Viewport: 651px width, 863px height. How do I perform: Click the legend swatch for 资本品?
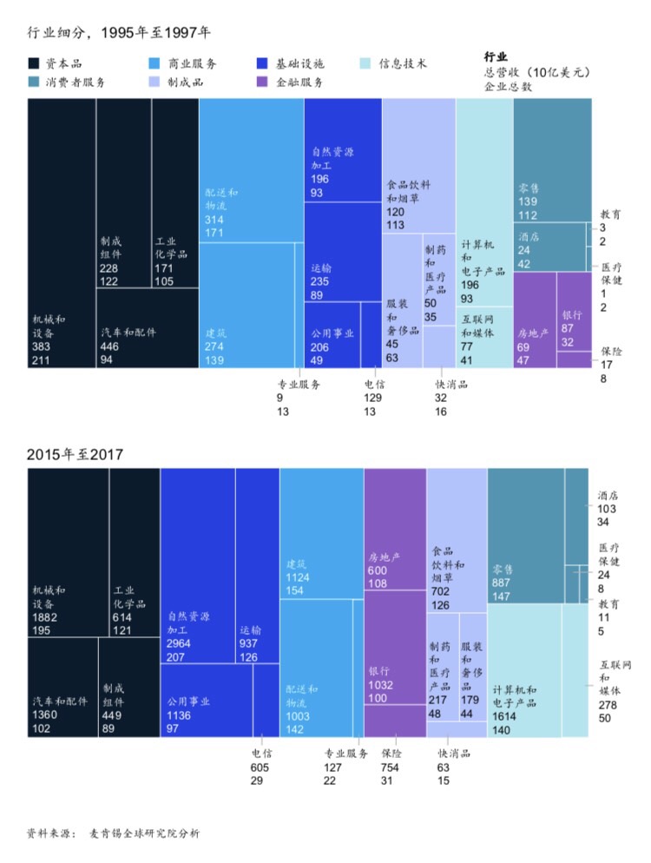(34, 64)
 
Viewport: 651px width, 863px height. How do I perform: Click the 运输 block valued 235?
(343, 252)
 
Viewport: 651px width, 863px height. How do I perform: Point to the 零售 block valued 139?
(551, 160)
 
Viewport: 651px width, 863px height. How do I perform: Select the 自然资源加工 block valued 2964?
(197, 564)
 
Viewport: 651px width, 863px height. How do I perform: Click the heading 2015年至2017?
(76, 454)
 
